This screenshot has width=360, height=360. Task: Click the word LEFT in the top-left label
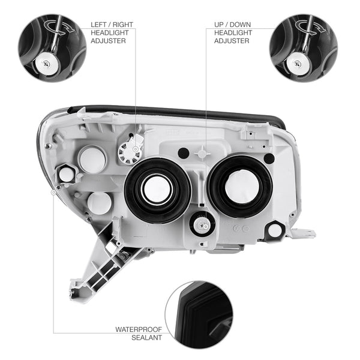point(99,25)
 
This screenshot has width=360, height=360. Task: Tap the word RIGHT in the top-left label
point(123,25)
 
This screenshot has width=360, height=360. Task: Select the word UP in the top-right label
point(219,25)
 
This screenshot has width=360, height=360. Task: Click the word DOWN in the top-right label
point(240,25)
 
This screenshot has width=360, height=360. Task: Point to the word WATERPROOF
point(139,329)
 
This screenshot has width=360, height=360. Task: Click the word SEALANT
point(147,337)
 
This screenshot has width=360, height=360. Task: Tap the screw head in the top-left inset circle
point(47,64)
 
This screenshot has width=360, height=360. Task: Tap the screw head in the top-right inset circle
point(298,64)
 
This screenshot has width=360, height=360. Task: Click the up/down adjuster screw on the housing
point(202,225)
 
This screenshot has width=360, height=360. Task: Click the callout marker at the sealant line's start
point(53,192)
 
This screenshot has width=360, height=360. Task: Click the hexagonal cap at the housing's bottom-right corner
point(275,230)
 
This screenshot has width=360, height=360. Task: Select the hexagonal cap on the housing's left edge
point(65,174)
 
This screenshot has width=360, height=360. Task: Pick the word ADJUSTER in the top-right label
point(232,41)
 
